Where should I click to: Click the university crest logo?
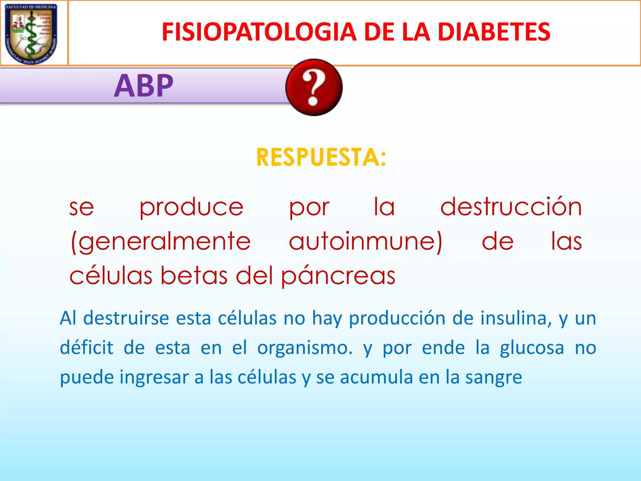click(31, 33)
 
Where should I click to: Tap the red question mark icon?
click(314, 87)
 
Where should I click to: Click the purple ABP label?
click(144, 85)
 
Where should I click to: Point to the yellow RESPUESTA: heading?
click(321, 157)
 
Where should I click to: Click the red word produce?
click(191, 208)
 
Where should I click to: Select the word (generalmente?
click(161, 242)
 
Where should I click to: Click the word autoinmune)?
click(366, 242)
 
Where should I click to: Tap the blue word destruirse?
click(126, 318)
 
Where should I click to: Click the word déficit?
click(86, 348)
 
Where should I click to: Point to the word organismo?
click(305, 348)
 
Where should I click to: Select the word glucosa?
click(532, 348)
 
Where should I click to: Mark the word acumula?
click(376, 377)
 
